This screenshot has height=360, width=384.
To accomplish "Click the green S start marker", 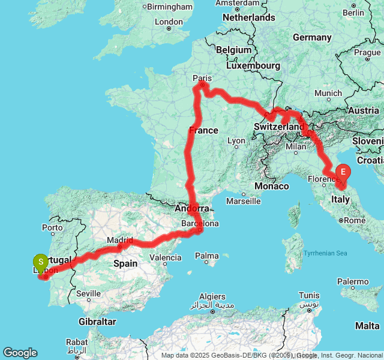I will pyautogui.click(x=40, y=262).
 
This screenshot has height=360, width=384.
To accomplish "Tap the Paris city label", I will pyautogui.click(x=202, y=78).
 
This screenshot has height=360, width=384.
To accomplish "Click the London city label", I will pyautogui.click(x=169, y=22).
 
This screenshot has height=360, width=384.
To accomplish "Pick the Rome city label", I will pyautogui.click(x=355, y=220).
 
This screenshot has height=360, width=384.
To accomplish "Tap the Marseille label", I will pyautogui.click(x=244, y=201).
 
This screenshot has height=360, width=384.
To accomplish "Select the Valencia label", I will pyautogui.click(x=164, y=257).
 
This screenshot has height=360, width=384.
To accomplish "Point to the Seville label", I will pyautogui.click(x=89, y=293).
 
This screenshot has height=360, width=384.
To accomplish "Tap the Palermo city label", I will pyautogui.click(x=353, y=281).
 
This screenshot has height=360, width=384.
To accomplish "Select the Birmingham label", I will pyautogui.click(x=169, y=6).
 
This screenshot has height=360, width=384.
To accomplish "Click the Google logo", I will pyautogui.click(x=20, y=353).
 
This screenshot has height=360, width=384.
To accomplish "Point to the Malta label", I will pyautogui.click(x=367, y=325).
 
